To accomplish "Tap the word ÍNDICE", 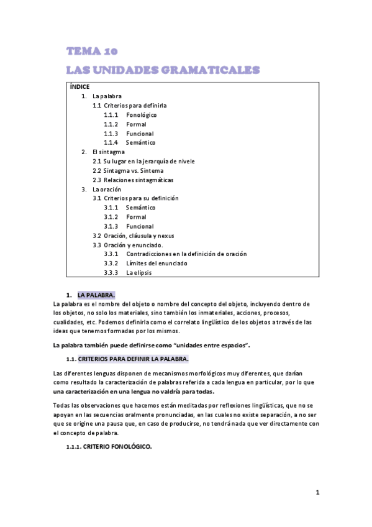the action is (x=80, y=87).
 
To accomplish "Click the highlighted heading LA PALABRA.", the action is (x=96, y=294).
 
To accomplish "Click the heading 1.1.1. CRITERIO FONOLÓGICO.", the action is (x=109, y=447).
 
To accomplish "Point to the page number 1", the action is (x=317, y=493).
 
